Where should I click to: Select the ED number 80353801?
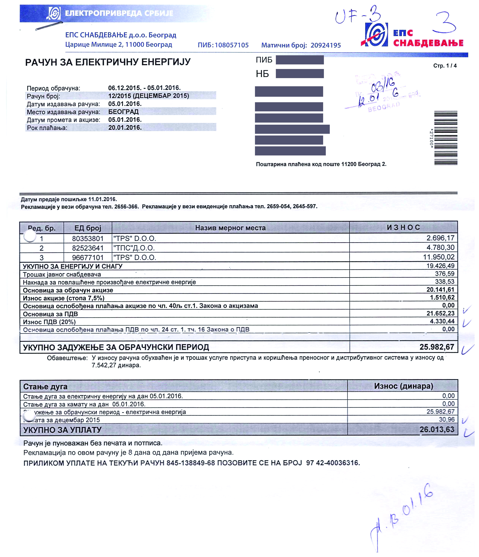click(88, 238)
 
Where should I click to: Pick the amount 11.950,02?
click(439, 257)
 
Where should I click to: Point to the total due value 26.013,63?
click(437, 429)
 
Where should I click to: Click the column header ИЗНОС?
click(403, 227)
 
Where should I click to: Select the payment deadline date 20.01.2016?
click(125, 128)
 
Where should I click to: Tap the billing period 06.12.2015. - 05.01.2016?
click(144, 88)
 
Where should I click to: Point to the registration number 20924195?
click(326, 45)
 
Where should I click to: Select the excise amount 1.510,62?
click(442, 298)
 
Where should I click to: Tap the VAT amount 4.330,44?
click(442, 321)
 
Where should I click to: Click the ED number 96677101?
click(88, 258)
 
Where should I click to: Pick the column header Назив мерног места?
click(230, 228)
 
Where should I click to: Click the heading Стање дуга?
click(45, 387)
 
